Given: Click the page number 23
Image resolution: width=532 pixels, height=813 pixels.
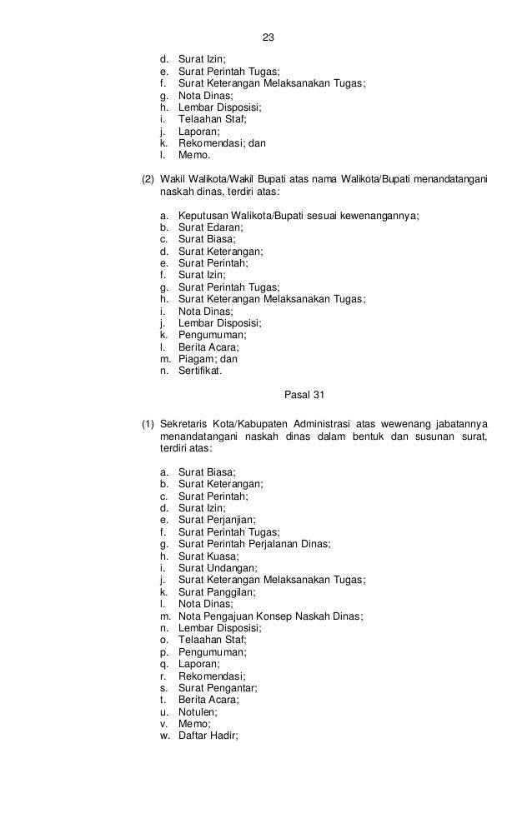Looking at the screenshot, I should (268, 38).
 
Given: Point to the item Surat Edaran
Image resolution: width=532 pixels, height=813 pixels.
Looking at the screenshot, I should (210, 227).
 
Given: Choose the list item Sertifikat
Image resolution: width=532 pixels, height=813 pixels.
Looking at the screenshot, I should (200, 371).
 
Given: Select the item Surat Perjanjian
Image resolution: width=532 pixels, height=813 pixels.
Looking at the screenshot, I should (217, 520).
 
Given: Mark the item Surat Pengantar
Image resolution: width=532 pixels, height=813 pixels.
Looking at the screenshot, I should (218, 688).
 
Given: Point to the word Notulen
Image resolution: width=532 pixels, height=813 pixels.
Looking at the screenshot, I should (198, 712).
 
